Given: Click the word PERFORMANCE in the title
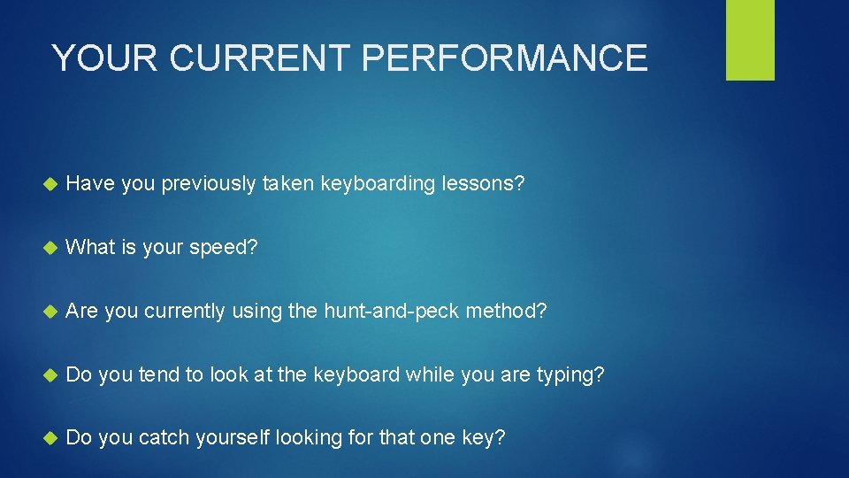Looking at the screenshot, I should pos(505,58).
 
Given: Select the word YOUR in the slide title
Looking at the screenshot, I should pos(104,58).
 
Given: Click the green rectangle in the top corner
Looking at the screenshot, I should pos(750,40).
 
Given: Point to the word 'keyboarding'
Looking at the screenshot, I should pos(378,184).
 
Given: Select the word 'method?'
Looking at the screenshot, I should pos(506,311).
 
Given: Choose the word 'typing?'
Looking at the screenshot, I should pos(570,375).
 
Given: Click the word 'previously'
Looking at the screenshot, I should pos(206,184).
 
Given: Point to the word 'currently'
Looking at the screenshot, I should pos(185,312).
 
